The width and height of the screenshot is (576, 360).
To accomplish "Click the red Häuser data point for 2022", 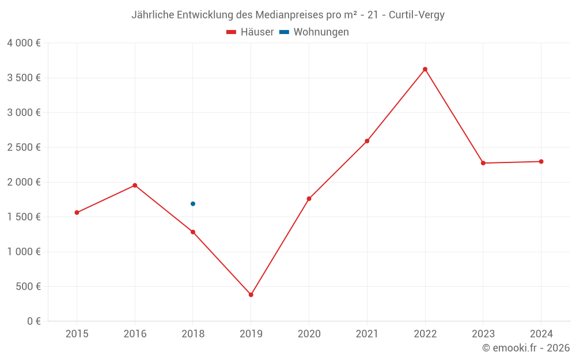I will (425, 69).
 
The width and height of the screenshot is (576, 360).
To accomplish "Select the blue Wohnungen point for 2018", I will (193, 204).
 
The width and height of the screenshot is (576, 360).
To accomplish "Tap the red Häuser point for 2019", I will (251, 295).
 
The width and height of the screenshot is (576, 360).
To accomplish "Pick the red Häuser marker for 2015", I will (77, 213).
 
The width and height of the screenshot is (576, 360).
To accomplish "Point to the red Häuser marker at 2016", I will (135, 185).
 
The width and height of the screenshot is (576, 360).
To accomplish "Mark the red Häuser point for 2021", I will (367, 141).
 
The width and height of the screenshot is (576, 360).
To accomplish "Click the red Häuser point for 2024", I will (541, 162).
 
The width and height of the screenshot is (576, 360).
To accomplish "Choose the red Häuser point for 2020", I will (309, 199).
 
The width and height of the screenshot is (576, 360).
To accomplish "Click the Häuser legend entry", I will (250, 32).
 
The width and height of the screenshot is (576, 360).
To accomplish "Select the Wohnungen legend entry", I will (314, 32).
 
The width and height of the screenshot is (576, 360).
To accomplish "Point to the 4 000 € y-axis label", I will (24, 43).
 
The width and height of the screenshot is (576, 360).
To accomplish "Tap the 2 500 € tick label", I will (24, 147).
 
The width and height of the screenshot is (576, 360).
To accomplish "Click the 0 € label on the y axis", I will (33, 321).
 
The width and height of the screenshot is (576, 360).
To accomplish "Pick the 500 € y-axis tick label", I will (27, 286).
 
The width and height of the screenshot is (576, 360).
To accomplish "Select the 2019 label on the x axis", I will (251, 334).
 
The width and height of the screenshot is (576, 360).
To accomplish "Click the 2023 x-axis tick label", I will (483, 334).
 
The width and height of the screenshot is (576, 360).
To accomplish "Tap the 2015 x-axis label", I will (77, 334).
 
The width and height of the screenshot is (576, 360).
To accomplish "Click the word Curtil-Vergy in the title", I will (416, 15).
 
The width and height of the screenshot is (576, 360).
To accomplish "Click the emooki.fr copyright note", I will (526, 348).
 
